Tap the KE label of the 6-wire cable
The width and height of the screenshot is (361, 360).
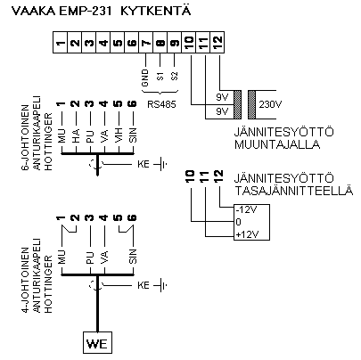144,163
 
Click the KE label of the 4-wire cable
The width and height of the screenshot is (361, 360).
144,285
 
